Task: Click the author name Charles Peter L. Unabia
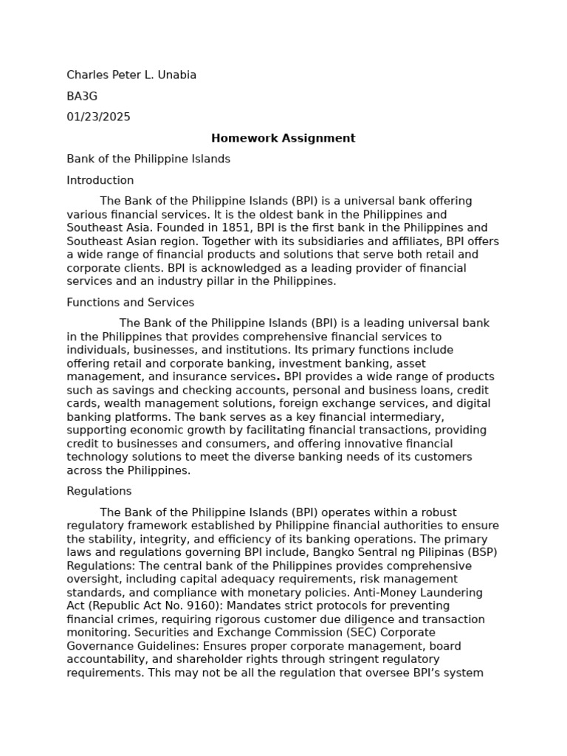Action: [x=131, y=75]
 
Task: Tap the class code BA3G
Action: [x=82, y=96]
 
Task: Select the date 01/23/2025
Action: [x=98, y=117]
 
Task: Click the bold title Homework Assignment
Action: [x=283, y=138]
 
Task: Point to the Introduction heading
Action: [x=100, y=180]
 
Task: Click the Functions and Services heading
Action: [x=130, y=302]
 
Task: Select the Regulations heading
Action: [x=99, y=491]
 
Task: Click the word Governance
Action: [x=99, y=645]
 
